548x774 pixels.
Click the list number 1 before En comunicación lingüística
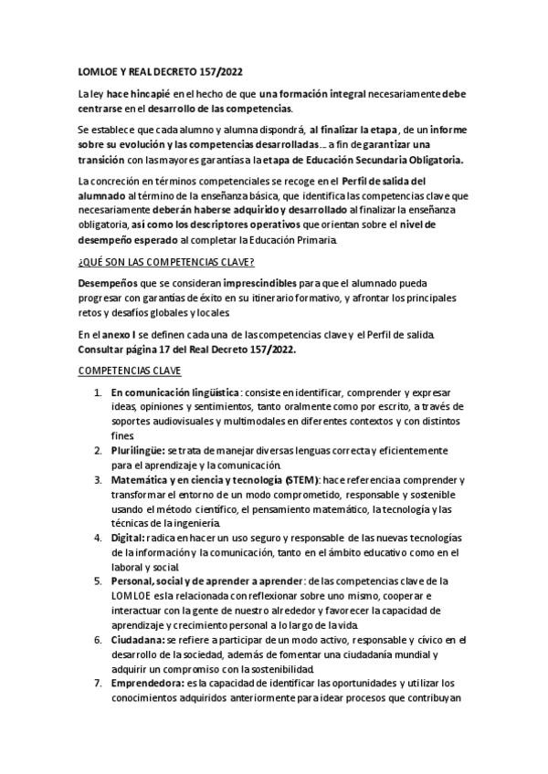click(98, 392)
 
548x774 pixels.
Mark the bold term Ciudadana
click(138, 639)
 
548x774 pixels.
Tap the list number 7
click(98, 682)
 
